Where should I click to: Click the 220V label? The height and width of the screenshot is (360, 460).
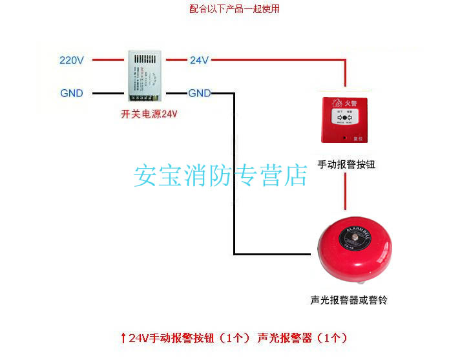click(72, 61)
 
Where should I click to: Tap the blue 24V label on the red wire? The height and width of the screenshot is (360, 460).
click(199, 61)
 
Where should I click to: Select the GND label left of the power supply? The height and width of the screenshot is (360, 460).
click(72, 93)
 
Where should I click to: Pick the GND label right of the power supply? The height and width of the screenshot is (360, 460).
click(199, 93)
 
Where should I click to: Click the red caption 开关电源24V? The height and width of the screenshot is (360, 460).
click(149, 114)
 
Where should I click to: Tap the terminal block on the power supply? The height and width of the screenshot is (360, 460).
click(143, 98)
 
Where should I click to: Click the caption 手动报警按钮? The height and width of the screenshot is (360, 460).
click(347, 164)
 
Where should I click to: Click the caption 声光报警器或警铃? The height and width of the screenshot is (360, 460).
click(348, 301)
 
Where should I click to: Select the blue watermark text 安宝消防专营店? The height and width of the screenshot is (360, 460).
click(220, 175)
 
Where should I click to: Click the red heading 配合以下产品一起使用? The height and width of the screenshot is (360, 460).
click(235, 9)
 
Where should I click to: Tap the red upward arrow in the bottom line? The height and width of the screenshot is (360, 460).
click(123, 337)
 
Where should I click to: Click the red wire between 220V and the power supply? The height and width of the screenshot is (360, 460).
click(107, 61)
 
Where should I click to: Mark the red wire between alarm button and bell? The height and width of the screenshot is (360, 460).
click(347, 194)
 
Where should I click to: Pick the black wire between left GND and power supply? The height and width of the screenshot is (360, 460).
click(107, 93)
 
